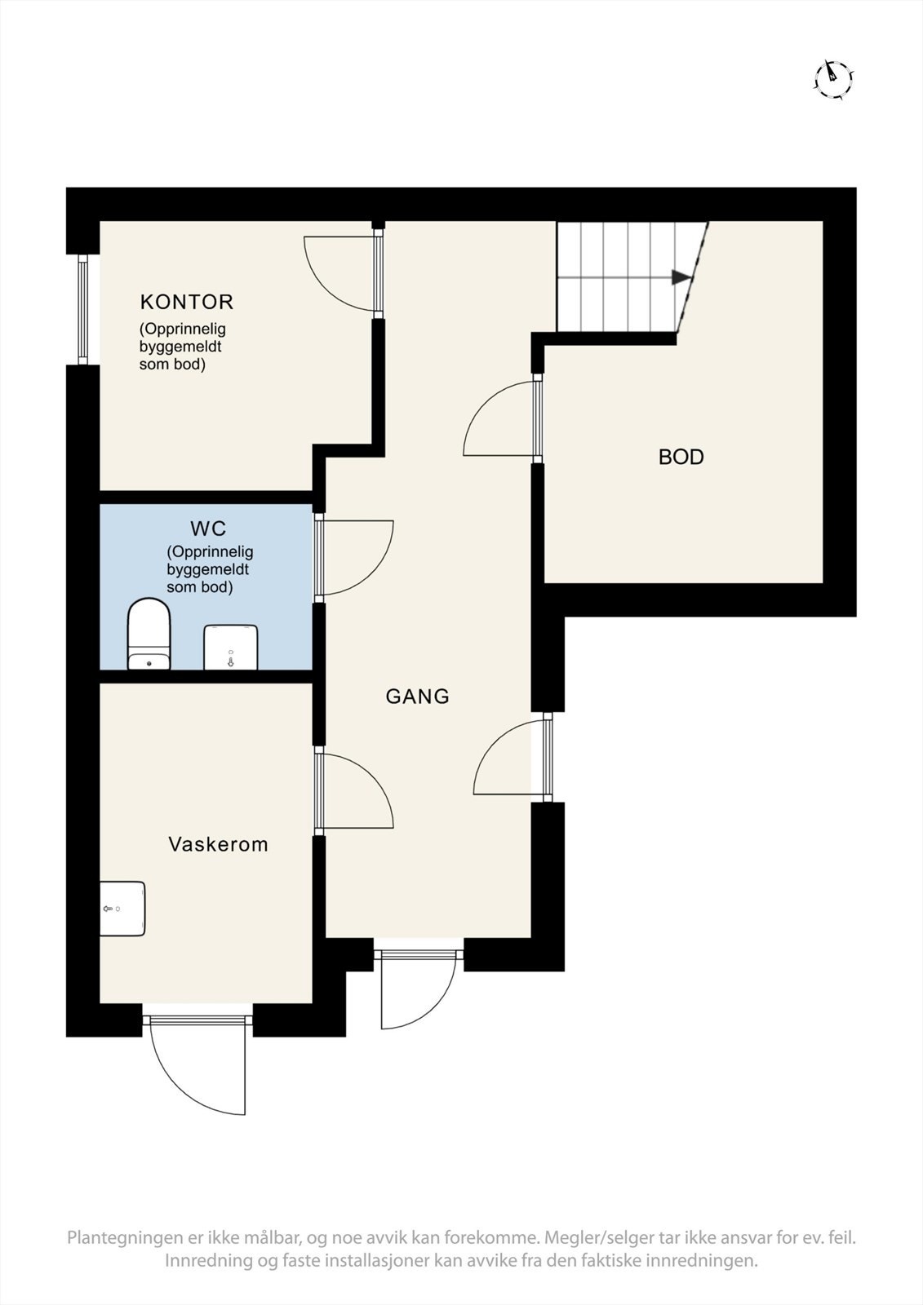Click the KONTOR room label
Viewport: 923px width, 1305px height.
pos(187,302)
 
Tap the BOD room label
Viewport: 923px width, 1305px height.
pos(681,457)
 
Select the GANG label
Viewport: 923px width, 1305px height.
pos(418,697)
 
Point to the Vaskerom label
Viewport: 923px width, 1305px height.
pos(218,844)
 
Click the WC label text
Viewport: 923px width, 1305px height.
pos(208,529)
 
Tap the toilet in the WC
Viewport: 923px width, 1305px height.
pos(149,634)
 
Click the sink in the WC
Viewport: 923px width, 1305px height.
pos(231,648)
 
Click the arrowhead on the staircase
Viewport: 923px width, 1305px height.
pos(681,277)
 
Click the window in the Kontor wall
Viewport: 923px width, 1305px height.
pos(82,309)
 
